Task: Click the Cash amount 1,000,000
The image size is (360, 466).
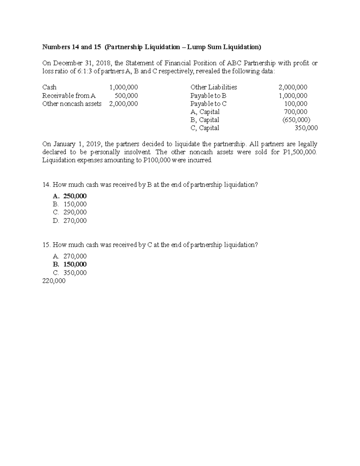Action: (x=124, y=87)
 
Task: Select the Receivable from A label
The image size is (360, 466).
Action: (x=69, y=96)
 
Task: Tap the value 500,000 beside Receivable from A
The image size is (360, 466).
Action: (x=126, y=96)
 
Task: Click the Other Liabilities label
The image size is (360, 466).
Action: (x=214, y=87)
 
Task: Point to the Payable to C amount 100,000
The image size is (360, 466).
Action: (x=295, y=104)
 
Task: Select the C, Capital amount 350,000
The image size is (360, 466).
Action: (x=306, y=128)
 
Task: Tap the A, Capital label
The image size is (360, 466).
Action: (x=205, y=112)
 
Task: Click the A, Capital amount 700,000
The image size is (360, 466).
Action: (x=295, y=112)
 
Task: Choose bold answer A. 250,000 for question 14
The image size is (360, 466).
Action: (x=70, y=196)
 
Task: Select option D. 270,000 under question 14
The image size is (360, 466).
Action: (x=70, y=221)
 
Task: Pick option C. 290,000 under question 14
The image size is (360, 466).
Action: (x=70, y=212)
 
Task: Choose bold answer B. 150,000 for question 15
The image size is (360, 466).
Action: (x=70, y=264)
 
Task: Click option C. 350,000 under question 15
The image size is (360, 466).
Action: (x=70, y=273)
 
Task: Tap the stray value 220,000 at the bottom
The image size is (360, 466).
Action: (x=54, y=281)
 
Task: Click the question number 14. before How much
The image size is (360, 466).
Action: (x=46, y=185)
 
